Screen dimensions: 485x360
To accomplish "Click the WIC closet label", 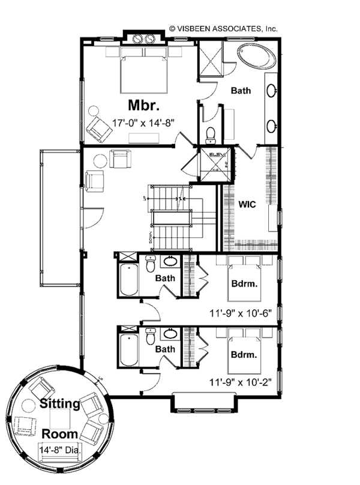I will (x=248, y=204).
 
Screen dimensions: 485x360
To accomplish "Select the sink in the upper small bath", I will (x=170, y=262).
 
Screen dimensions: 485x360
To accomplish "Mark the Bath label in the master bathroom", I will (x=241, y=91).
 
